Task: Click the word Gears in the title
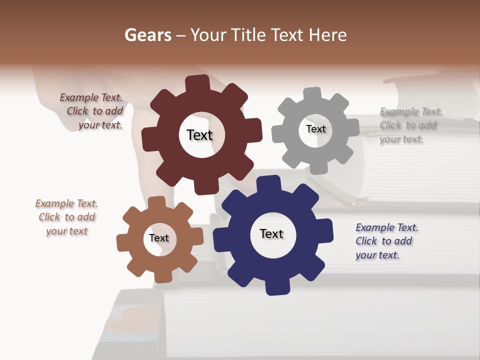(147, 35)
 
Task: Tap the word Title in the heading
(250, 35)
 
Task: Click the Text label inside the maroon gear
(199, 135)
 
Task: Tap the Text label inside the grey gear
(315, 129)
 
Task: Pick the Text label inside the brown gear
(159, 238)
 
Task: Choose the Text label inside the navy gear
(271, 233)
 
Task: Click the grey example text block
(410, 125)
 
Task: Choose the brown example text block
(67, 217)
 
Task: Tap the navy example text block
(386, 241)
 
